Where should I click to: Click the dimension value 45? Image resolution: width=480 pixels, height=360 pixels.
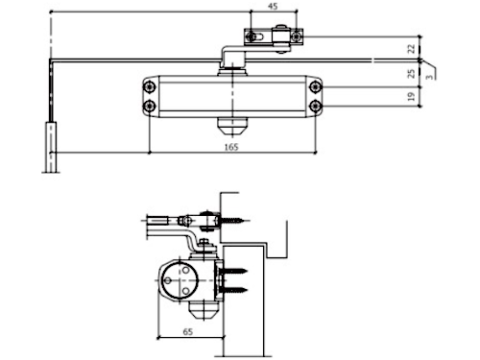click(273, 6)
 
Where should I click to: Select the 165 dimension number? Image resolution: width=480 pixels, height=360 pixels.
click(231, 147)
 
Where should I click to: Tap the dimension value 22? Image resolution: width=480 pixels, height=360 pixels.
click(411, 49)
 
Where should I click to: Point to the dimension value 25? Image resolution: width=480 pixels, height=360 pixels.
click(411, 73)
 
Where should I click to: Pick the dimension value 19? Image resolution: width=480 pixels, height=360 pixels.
click(411, 96)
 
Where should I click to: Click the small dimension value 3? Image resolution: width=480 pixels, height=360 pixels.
click(430, 77)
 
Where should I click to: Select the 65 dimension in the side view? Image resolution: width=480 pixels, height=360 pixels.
click(188, 331)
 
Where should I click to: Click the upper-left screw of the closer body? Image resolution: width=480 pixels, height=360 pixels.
click(150, 86)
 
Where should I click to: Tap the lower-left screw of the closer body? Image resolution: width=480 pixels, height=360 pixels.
click(150, 106)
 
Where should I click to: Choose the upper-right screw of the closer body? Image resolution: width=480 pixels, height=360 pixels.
click(316, 86)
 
